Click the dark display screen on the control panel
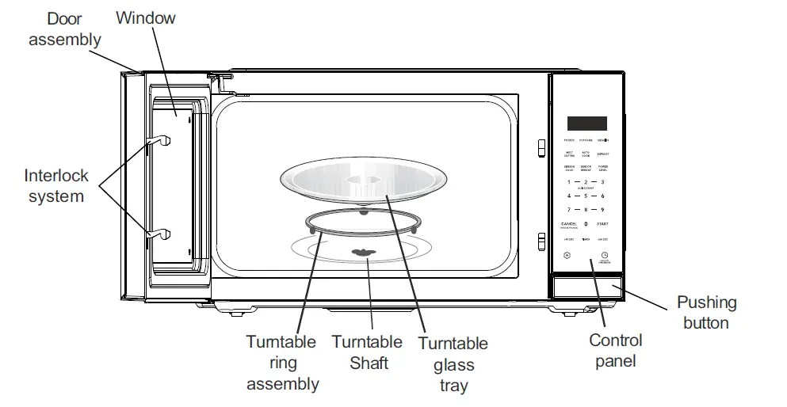point(586,124)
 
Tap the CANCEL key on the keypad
point(568,225)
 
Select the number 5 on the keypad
point(586,196)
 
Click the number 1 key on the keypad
point(568,182)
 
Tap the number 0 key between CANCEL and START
point(586,224)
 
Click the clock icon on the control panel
point(604,255)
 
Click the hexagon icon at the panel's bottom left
point(567,256)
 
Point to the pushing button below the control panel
point(586,287)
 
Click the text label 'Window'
point(146,17)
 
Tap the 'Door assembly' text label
point(64,29)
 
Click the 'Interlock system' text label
point(56,185)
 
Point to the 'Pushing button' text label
point(705,312)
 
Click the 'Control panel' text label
point(616,351)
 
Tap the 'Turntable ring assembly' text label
point(281,363)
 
